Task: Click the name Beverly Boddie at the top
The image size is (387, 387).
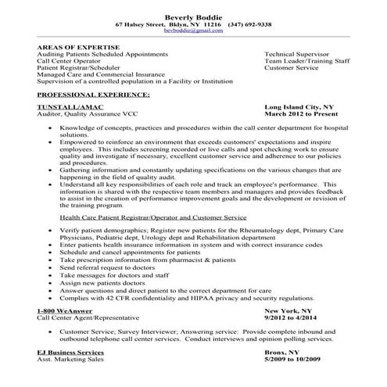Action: point(193,16)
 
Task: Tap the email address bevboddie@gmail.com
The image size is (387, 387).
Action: point(193,33)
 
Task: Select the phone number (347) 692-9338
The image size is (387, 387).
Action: point(249,25)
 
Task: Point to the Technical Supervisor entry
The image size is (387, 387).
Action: point(296,54)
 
